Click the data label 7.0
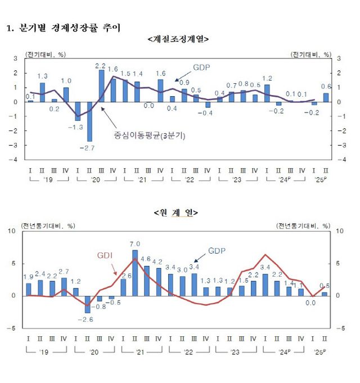[135, 244]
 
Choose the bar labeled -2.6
[88, 304]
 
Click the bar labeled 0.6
[326, 97]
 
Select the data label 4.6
[147, 259]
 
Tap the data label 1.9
[28, 276]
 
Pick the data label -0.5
[115, 303]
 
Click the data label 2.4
[40, 273]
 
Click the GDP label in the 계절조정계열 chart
[201, 67]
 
